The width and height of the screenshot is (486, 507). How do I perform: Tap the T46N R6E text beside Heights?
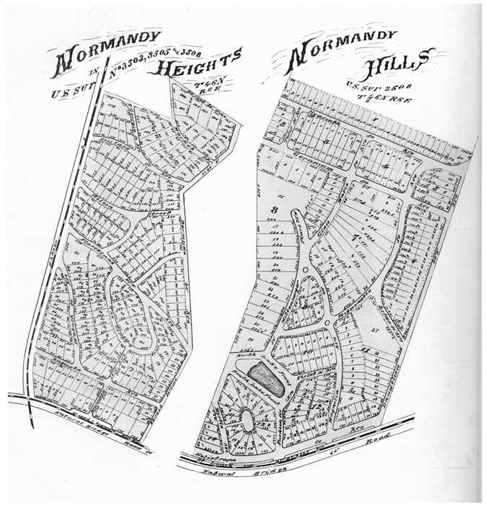(x=207, y=88)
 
